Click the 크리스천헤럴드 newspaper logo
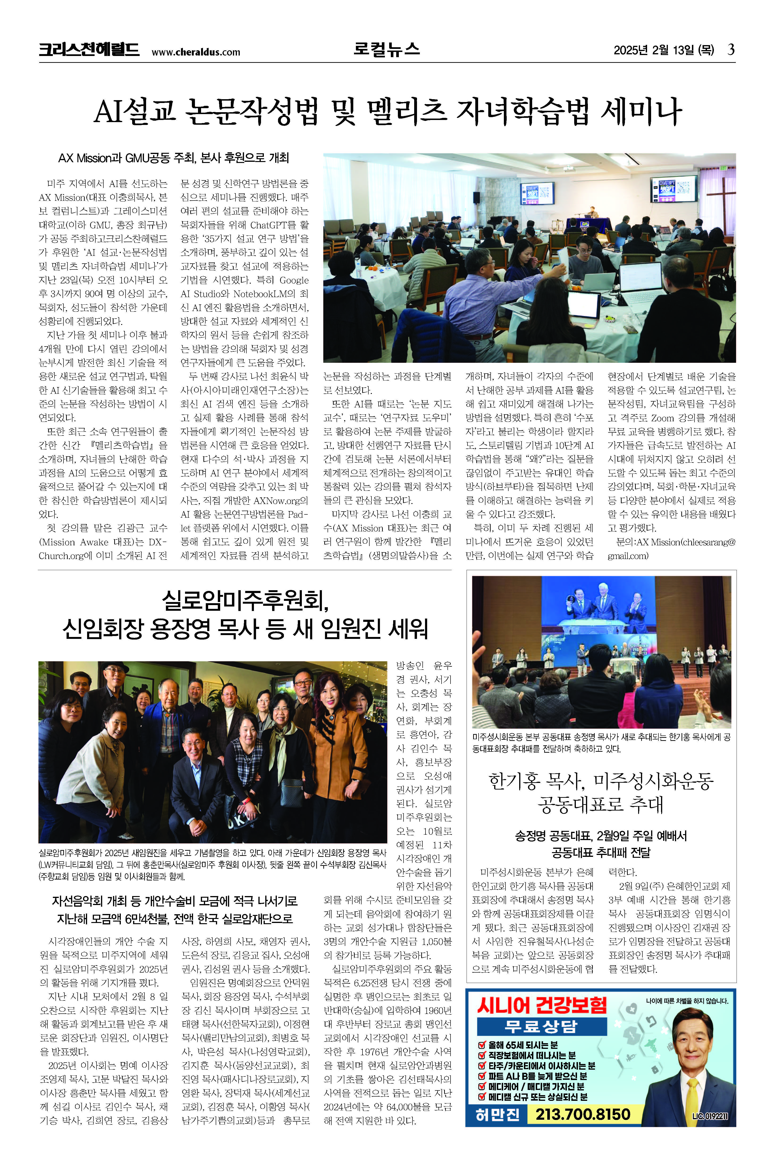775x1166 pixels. click(89, 50)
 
